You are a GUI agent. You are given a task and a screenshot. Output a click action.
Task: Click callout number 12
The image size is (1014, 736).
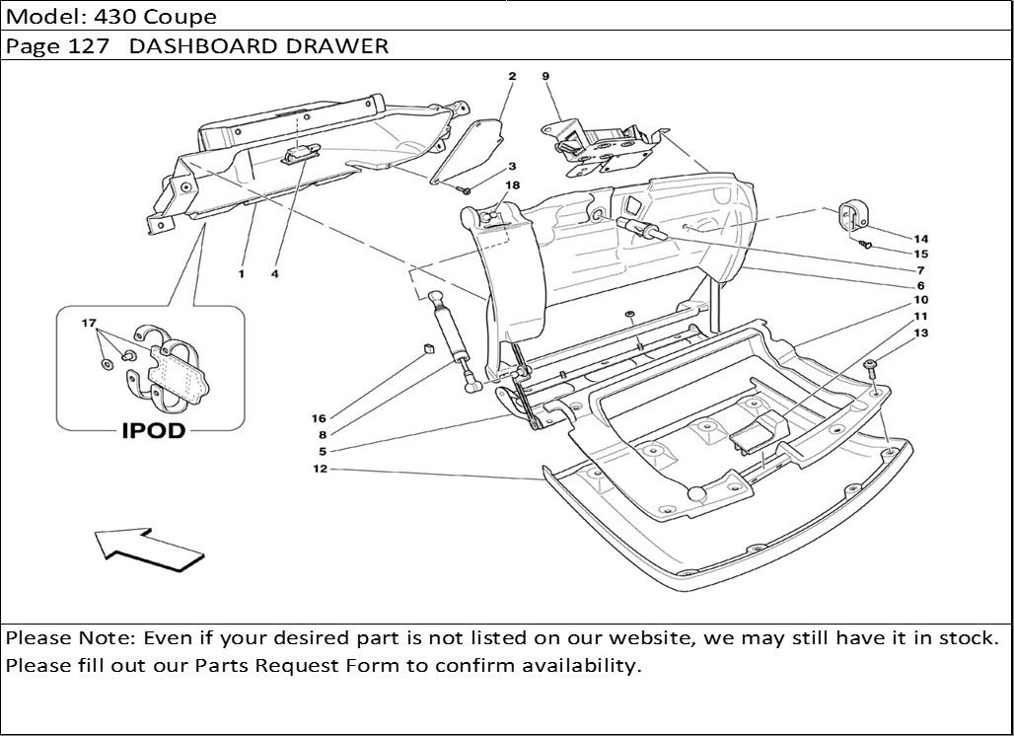point(319,469)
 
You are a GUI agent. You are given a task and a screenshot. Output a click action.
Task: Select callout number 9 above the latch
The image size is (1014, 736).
point(544,76)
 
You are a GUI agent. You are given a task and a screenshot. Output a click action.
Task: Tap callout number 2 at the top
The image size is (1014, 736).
point(512,76)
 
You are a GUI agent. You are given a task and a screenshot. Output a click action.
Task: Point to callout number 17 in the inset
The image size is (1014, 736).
point(89,323)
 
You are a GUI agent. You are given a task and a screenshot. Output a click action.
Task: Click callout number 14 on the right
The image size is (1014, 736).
point(920,239)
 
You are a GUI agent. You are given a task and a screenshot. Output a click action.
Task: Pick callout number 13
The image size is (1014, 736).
point(920,333)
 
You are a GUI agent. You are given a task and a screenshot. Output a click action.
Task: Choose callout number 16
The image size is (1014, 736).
point(319,418)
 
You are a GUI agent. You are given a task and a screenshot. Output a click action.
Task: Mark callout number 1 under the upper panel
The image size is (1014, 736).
point(241,273)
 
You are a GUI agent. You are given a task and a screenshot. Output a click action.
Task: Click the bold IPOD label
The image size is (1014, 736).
point(153,431)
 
